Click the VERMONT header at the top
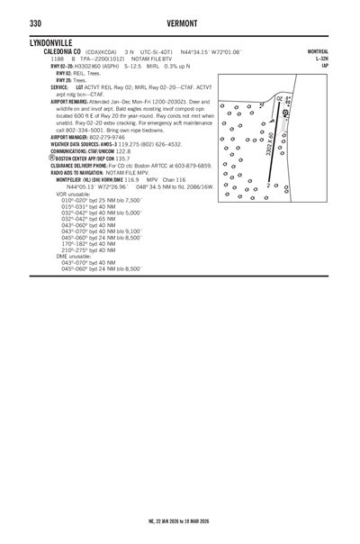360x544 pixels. coord(180,23)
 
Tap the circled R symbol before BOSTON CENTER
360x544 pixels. coord(52,158)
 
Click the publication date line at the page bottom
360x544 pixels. coord(179,521)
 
